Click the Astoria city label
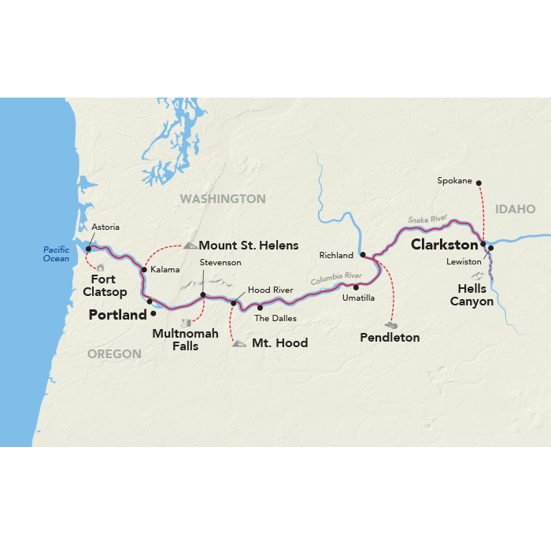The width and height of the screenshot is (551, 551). click(x=105, y=227)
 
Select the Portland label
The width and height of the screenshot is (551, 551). click(x=118, y=315)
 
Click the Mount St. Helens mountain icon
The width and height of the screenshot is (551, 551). click(x=190, y=245)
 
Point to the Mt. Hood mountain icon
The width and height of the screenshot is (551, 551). click(x=239, y=343)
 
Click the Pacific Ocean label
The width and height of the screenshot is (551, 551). click(x=56, y=254)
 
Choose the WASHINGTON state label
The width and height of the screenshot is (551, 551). click(x=223, y=198)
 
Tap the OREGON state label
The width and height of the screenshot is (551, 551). click(x=114, y=354)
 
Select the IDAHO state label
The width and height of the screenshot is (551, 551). click(x=516, y=209)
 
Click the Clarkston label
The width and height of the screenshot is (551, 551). click(x=445, y=245)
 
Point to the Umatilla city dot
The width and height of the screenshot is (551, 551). click(x=356, y=287)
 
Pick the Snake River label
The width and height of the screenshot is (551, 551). click(x=427, y=220)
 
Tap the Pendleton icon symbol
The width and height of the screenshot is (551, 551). click(x=390, y=324)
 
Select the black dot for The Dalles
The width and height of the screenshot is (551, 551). click(x=260, y=308)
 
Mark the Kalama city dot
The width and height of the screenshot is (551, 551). click(x=143, y=270)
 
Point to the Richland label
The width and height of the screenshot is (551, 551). click(x=336, y=256)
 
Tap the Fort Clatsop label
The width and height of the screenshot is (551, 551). click(x=105, y=286)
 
